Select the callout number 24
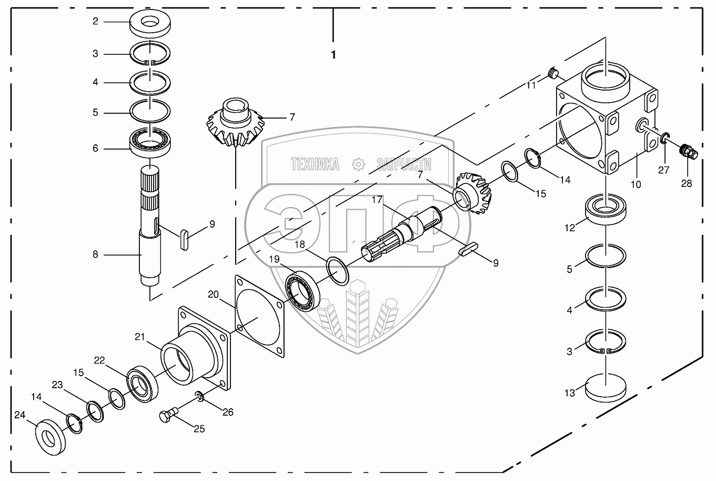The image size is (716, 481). [x=20, y=415]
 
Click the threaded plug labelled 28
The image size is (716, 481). [x=688, y=151]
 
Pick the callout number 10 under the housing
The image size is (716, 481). [x=636, y=184]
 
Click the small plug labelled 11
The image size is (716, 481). [x=552, y=73]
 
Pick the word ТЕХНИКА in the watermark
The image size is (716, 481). [x=315, y=165]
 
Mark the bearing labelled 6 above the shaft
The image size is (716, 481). [x=151, y=142]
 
